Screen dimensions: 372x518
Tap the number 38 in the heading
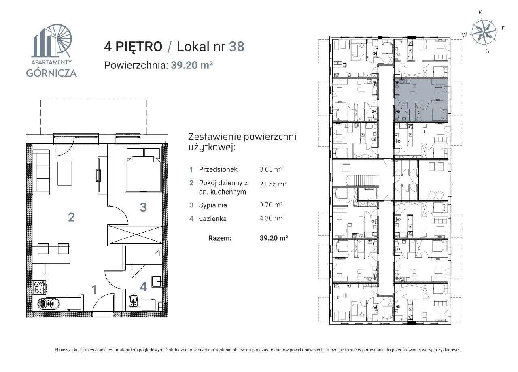[x=237, y=47]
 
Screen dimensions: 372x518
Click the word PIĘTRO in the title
[x=138, y=47]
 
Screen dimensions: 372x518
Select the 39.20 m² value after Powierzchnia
[x=192, y=65]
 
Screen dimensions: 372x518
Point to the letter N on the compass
[x=480, y=13]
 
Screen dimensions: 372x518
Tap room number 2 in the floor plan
[x=71, y=218]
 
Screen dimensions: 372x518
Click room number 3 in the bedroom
[x=143, y=207]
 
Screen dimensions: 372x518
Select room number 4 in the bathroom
[x=143, y=287]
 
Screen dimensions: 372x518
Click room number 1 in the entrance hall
[x=94, y=290]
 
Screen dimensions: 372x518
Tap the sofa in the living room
[x=41, y=171]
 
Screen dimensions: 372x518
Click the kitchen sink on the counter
[x=48, y=303]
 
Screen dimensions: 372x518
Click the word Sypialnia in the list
[x=213, y=205]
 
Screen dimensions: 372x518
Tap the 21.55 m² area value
[x=273, y=184]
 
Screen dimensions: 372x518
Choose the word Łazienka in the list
[x=212, y=219]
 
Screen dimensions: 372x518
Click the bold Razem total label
[x=220, y=238]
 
